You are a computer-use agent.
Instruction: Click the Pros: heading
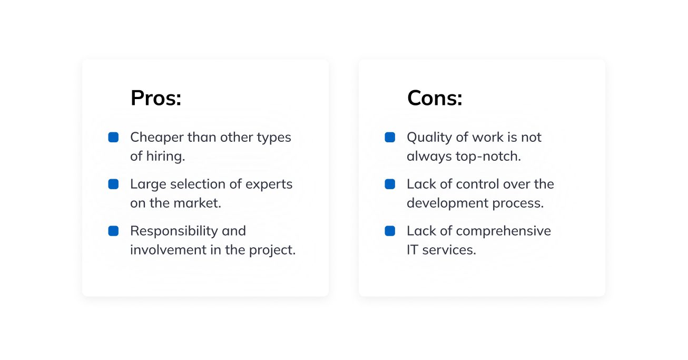(156, 98)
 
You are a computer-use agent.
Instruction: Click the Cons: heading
(435, 98)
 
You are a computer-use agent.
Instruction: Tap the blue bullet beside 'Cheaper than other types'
(113, 137)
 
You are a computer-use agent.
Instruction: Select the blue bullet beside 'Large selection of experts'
(113, 184)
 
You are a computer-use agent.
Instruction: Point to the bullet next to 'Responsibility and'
(113, 231)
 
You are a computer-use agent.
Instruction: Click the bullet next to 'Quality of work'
(390, 137)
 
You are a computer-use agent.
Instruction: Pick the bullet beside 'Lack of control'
(390, 184)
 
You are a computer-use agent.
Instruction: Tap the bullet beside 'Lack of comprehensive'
(390, 231)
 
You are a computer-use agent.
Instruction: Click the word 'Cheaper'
(157, 138)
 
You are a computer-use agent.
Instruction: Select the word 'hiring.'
(165, 156)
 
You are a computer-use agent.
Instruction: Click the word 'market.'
(197, 203)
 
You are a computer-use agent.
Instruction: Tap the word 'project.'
(272, 250)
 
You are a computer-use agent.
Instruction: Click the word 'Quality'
(429, 138)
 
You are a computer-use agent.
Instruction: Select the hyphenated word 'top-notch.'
(488, 157)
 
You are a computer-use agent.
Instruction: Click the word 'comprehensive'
(504, 231)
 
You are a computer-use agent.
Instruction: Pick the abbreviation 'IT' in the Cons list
(412, 250)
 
